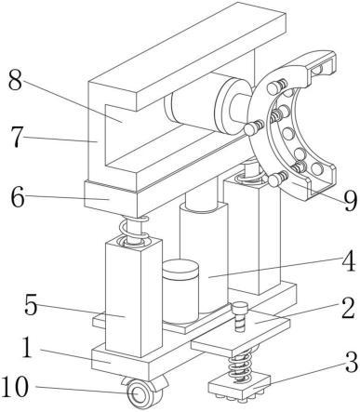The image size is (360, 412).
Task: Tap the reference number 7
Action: pos(18,137)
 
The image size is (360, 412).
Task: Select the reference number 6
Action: pos(18,197)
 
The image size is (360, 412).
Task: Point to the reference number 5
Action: pos(31,305)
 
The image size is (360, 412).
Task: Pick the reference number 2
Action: pos(348,308)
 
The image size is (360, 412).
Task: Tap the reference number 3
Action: pos(352,362)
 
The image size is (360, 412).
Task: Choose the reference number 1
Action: pos(27,347)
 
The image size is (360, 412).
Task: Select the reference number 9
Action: pos(351,201)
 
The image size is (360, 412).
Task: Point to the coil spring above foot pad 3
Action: pos(241,365)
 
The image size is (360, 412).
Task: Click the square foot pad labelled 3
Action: pos(239,387)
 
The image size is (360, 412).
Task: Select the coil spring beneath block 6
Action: pos(133,231)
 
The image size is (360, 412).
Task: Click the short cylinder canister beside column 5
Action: pos(180,292)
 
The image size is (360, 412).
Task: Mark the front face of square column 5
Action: pos(124,299)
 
